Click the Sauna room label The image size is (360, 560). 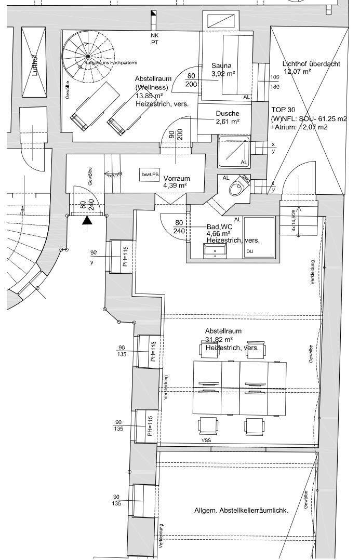coord(221,66)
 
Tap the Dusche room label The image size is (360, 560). coord(227,114)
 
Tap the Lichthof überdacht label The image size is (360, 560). coord(311,64)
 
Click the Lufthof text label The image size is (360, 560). coord(35,64)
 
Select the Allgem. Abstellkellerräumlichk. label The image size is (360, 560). coord(241,511)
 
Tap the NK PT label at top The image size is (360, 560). coord(154,39)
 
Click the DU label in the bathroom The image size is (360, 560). coord(249,251)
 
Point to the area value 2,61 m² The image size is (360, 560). coord(227,122)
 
